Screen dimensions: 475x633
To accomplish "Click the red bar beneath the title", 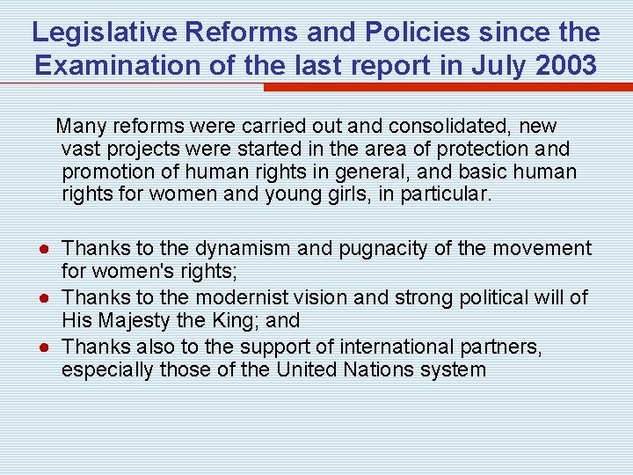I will coord(447,87).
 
